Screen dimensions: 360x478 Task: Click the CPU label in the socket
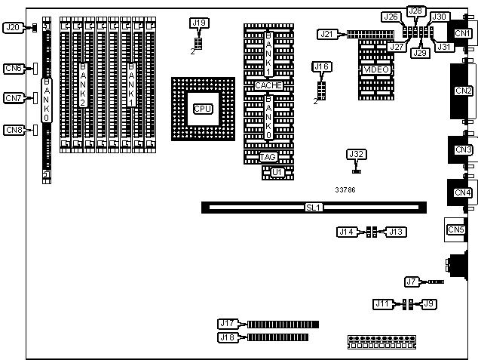point(202,109)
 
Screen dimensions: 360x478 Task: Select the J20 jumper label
point(13,28)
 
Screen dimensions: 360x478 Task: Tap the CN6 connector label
point(14,69)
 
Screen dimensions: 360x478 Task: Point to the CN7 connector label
point(14,98)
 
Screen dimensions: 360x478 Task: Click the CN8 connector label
point(14,130)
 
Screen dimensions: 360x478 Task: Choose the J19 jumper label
point(198,23)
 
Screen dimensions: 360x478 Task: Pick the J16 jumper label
point(322,68)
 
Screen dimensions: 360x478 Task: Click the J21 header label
point(326,34)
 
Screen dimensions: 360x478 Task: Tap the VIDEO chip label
point(376,69)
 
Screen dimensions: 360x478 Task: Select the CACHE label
point(268,86)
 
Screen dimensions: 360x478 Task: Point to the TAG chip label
point(268,157)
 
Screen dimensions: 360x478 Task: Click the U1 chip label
point(278,173)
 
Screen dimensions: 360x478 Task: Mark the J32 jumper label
point(357,155)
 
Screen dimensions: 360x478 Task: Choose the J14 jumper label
point(348,232)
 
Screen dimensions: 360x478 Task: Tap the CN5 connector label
point(456,229)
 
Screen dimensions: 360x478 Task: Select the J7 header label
point(412,282)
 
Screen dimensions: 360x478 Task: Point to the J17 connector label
point(228,324)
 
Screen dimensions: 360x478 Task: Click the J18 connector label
point(228,337)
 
